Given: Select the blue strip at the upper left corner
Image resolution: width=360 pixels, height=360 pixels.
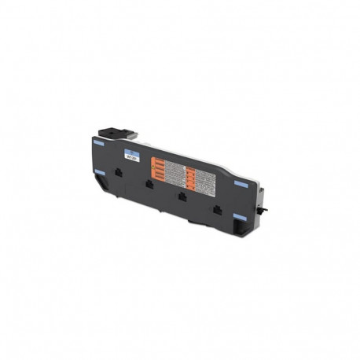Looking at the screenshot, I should point(98,143).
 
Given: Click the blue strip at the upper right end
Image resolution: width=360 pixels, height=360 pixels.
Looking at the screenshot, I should point(240,183).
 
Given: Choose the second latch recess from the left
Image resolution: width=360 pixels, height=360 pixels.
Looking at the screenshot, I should point(149,185).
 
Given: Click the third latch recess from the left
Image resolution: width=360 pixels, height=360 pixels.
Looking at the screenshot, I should point(182,197).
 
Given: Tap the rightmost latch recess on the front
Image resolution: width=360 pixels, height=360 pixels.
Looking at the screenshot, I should point(218,209).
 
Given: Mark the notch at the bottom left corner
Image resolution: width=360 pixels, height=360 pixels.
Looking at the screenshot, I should point(101,182).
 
